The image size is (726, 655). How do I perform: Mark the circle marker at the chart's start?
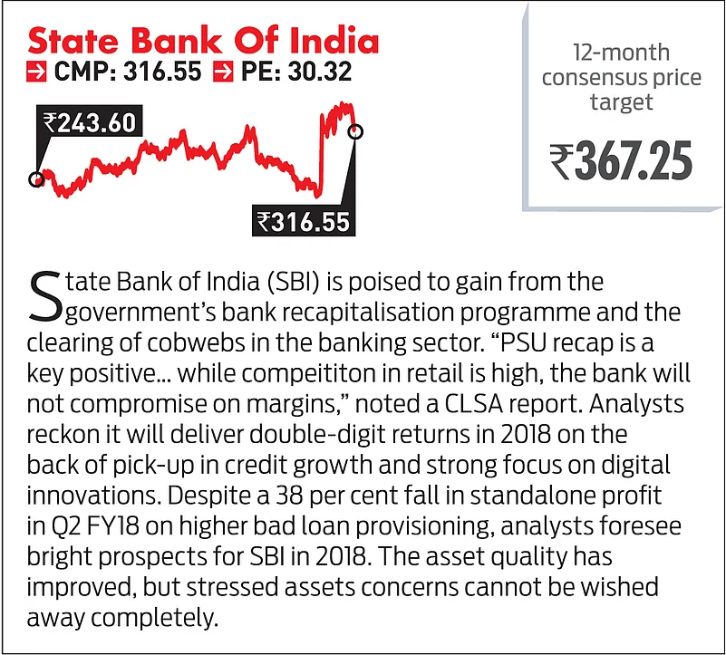[36, 178]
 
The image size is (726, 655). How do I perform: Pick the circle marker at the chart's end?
[355, 132]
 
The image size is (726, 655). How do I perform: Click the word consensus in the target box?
[621, 78]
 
